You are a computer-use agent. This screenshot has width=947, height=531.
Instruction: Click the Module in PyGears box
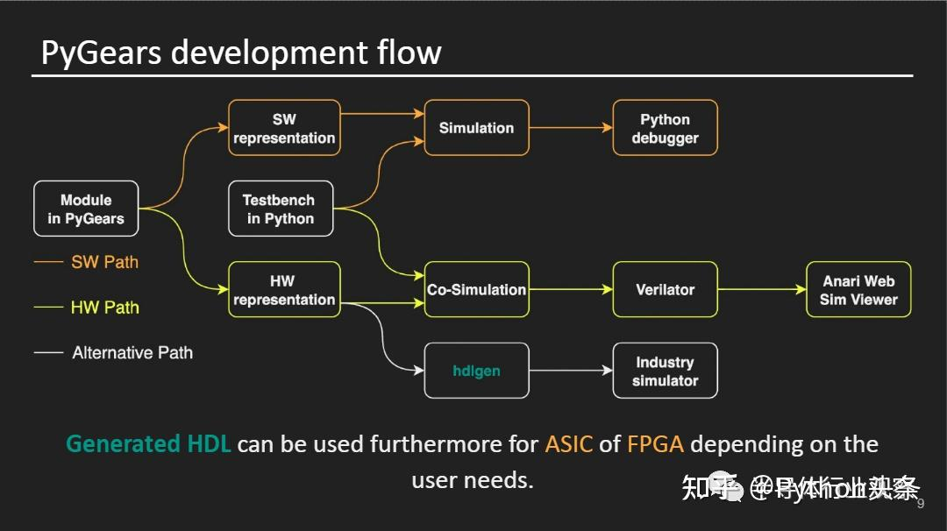86,209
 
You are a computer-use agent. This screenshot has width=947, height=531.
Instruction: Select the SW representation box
284,129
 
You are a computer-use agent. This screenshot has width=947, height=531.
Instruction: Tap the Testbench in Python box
281,209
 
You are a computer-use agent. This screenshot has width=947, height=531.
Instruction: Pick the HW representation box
284,290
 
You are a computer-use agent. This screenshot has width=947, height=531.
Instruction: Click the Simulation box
476,128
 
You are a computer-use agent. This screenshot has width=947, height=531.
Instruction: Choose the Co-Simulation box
476,289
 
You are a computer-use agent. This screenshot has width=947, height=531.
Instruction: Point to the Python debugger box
665,129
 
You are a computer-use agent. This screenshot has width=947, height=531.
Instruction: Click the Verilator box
665,289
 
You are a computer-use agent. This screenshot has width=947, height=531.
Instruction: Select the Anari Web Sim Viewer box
858,290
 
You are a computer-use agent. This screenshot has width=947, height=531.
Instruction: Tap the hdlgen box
476,371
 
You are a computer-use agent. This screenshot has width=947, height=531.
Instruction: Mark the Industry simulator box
665,372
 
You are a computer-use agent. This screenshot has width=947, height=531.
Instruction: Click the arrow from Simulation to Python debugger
571,128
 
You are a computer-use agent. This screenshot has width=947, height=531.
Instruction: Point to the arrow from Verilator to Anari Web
761,289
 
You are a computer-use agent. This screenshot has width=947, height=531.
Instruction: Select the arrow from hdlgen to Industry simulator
571,371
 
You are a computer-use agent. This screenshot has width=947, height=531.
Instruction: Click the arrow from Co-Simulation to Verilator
571,289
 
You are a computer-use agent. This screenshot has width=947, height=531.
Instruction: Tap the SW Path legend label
104,262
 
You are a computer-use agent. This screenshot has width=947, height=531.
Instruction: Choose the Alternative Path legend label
132,353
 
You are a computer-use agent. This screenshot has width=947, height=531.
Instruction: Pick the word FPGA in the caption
655,444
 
